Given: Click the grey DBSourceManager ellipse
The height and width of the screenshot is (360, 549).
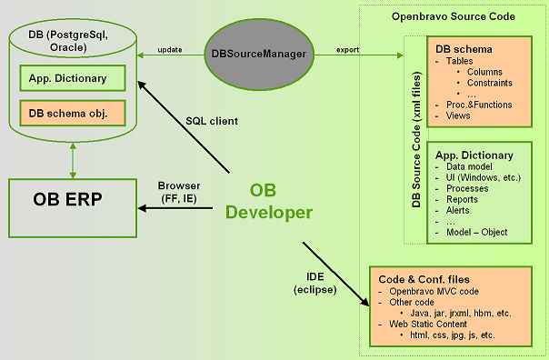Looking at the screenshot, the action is (x=259, y=55).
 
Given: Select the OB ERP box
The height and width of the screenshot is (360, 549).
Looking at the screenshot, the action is (x=73, y=208).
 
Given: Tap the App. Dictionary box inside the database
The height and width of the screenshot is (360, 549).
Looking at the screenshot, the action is (x=73, y=78).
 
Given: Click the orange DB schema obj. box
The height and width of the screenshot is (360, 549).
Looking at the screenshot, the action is (x=73, y=113).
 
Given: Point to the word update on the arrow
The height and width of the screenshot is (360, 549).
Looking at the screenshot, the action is (x=170, y=50).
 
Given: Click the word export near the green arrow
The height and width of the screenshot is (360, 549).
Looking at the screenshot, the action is (x=348, y=50).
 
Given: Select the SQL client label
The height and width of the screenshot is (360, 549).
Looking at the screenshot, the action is (x=212, y=121).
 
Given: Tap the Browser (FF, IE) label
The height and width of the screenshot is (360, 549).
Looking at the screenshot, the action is (x=179, y=192).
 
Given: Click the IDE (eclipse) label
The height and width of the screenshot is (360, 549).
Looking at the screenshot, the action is (x=315, y=284).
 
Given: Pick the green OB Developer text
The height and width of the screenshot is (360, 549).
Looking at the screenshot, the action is (x=268, y=201).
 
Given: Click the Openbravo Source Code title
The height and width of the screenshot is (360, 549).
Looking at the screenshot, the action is (x=453, y=16).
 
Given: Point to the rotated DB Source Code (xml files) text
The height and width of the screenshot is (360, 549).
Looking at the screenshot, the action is (x=416, y=139).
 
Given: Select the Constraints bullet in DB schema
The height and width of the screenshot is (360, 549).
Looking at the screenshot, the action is (x=490, y=83).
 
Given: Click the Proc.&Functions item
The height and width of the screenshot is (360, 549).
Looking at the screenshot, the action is (x=479, y=105).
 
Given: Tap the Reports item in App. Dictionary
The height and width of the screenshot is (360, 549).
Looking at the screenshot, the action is (x=462, y=200).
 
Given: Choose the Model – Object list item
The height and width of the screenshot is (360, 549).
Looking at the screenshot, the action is (x=476, y=232).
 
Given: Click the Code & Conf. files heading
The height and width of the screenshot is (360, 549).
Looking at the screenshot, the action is (x=424, y=279).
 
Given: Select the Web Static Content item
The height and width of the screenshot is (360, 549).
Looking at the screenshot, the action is (x=428, y=324).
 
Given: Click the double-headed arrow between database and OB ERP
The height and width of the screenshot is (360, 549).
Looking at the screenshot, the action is (x=73, y=160).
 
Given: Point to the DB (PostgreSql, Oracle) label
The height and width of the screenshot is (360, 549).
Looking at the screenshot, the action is (x=68, y=41).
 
